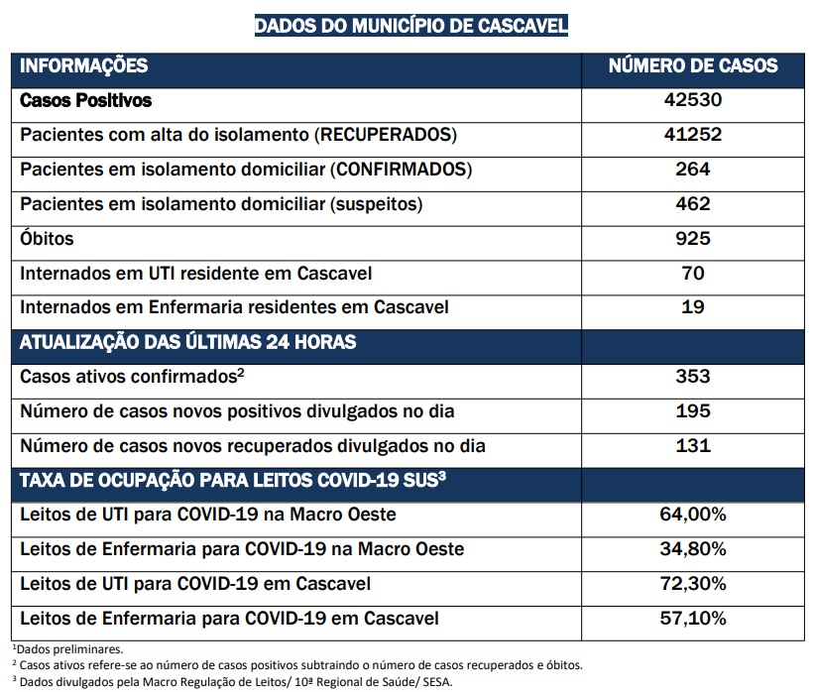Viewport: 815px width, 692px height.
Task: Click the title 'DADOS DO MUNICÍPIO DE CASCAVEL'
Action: point(411,26)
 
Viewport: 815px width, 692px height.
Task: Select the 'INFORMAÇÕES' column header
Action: point(83,66)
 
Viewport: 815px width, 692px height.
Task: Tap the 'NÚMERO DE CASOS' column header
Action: point(693,65)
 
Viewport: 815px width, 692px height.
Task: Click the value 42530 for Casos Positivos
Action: point(693,100)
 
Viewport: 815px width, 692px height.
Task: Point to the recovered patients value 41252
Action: point(693,135)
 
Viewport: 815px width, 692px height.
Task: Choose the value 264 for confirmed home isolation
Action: point(693,169)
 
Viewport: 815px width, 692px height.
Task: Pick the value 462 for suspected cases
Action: point(693,204)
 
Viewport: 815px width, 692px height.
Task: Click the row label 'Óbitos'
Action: point(47,238)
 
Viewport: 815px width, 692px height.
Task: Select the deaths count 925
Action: point(693,239)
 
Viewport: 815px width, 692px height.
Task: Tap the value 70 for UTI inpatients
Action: point(693,273)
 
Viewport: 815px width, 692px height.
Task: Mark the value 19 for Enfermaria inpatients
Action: point(693,306)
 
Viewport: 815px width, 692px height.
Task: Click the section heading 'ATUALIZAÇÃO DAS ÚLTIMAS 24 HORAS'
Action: point(188,342)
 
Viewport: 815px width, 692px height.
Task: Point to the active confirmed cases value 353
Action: point(693,377)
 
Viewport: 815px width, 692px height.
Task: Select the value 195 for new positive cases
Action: point(693,411)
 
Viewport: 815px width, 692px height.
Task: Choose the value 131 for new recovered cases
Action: point(693,445)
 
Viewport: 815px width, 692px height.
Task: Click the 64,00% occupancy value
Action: point(693,515)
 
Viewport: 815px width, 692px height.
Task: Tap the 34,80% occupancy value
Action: point(693,549)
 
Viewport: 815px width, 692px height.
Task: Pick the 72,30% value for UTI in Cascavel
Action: point(693,584)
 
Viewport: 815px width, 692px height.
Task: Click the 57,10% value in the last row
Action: point(693,619)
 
